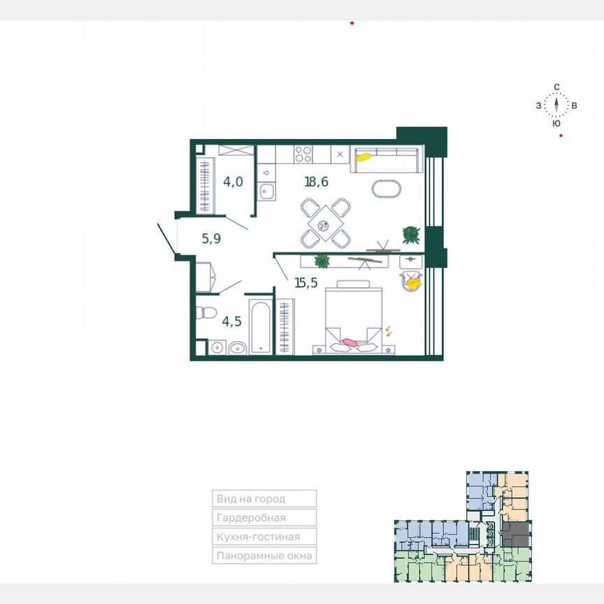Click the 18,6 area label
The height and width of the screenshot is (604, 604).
[316, 182]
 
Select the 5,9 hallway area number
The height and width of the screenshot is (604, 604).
[212, 238]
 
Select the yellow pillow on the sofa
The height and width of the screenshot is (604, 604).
[363, 157]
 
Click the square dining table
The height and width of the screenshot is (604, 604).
[324, 224]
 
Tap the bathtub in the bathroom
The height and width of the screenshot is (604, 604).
[261, 326]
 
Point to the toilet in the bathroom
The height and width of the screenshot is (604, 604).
[206, 312]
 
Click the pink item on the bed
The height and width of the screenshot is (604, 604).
[349, 343]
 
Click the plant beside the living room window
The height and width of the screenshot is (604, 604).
[410, 233]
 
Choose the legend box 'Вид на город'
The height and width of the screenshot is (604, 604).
[265, 498]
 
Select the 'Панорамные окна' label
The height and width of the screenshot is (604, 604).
[265, 556]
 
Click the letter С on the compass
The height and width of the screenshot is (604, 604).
[556, 87]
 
